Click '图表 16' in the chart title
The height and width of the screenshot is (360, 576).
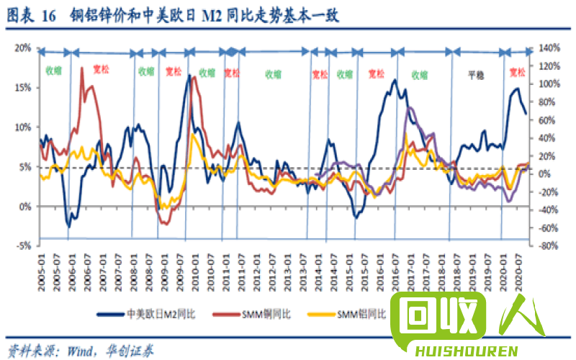click(33, 16)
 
